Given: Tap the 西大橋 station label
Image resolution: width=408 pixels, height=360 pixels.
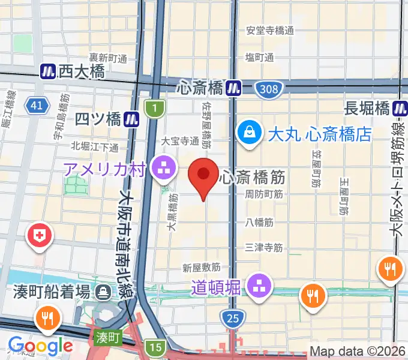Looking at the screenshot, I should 82,72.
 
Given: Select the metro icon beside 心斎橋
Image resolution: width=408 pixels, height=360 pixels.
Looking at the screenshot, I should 233,89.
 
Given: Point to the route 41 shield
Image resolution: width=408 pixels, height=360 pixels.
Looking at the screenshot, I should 37,106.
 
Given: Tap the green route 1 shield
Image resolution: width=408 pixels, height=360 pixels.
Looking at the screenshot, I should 154,109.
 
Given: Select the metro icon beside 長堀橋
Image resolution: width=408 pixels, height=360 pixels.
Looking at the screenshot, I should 400,109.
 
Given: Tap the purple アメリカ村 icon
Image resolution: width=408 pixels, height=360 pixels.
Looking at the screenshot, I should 163,169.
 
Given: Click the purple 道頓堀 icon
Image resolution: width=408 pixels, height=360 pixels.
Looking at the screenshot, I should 259,285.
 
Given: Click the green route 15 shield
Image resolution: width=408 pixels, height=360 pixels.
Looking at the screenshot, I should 156,347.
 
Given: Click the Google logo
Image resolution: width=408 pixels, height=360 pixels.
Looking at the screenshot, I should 40,346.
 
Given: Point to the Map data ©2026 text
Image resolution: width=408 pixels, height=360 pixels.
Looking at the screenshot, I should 357,351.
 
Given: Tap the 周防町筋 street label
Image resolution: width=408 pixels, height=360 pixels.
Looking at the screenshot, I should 264,194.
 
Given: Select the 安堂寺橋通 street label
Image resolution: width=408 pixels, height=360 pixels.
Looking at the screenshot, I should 270,31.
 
